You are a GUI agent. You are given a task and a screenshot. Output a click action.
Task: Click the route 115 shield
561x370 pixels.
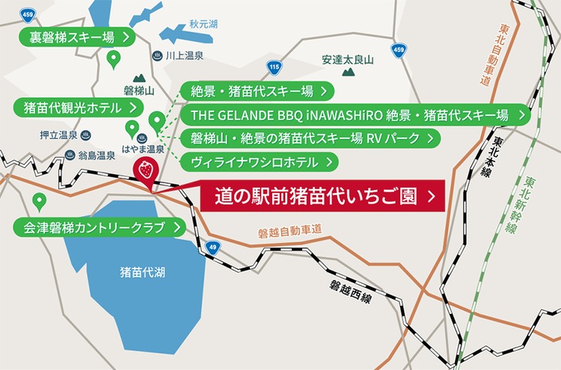(275, 68)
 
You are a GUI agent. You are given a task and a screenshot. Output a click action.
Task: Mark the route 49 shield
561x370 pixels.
(213, 248)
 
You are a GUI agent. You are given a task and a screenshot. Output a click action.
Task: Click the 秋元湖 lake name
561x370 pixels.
(203, 25)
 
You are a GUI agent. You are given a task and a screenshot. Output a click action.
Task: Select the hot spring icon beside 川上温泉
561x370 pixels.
(157, 55)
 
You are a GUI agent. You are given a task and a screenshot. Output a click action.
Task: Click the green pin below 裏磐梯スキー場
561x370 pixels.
(114, 58)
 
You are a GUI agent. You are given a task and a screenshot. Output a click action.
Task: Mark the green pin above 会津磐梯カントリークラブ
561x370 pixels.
(40, 201)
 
